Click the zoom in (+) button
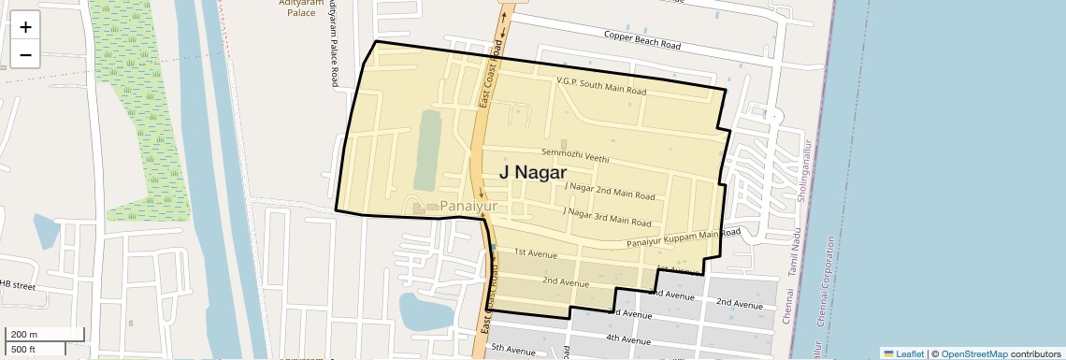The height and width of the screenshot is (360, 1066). tap(25, 27)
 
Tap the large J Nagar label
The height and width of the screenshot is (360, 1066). tap(532, 172)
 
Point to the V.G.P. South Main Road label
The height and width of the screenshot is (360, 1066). tap(601, 87)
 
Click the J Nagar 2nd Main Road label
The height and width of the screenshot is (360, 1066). tap(610, 191)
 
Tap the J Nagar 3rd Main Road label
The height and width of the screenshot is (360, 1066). tap(606, 218)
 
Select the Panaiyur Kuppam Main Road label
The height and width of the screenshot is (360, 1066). tap(683, 238)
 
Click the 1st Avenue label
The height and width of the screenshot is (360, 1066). tap(536, 254)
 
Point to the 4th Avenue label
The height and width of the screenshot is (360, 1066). tap(627, 338)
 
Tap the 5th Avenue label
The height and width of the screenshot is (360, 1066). tap(511, 349)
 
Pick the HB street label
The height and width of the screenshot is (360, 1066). tap(17, 284)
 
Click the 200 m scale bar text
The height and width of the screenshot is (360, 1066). tap(22, 335)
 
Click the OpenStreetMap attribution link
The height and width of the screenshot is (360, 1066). tap(973, 353)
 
